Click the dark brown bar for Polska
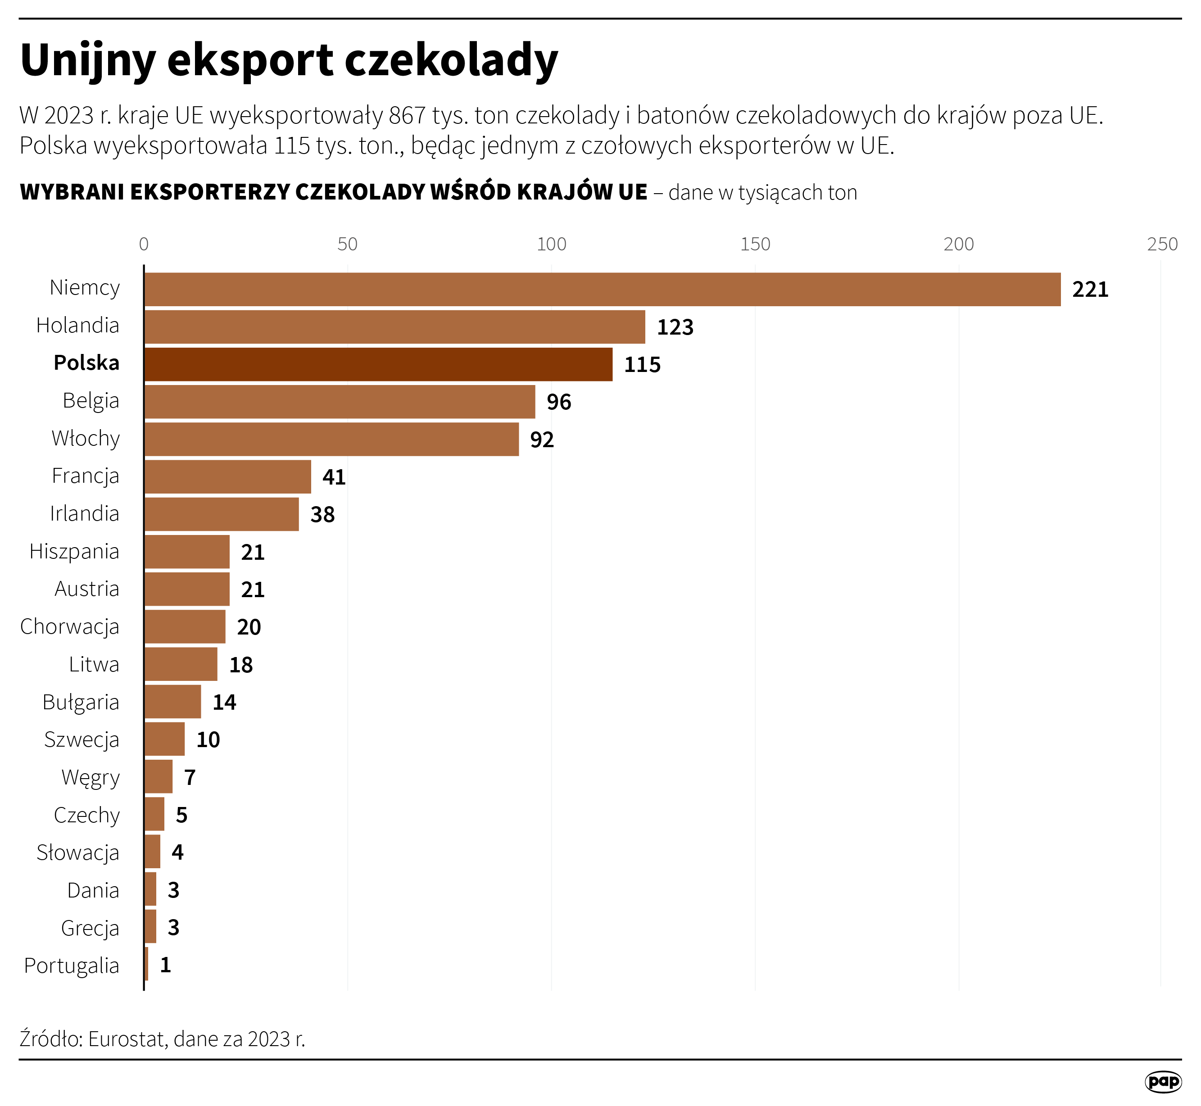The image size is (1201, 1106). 378,364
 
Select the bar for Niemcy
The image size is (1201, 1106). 602,290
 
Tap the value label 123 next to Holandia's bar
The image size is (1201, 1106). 675,327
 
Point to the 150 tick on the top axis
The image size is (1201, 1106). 755,244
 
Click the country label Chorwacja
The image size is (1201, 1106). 70,626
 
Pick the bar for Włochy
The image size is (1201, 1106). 331,439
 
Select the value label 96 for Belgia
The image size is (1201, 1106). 559,402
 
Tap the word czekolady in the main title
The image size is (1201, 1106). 452,60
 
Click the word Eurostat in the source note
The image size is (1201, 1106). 127,1039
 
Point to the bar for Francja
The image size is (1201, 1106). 227,477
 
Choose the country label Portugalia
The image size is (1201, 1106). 72,965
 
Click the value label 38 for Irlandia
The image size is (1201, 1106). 322,515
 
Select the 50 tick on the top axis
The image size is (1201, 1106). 347,244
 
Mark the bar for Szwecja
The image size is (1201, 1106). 164,739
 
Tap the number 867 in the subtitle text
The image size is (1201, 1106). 407,115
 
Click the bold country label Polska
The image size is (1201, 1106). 87,363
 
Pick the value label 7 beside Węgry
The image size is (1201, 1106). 190,777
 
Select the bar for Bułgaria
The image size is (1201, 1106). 172,702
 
